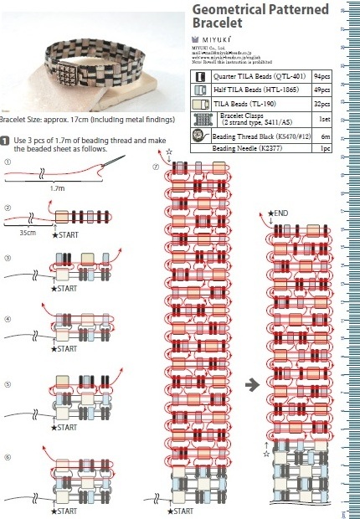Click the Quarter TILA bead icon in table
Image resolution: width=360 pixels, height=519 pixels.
201,75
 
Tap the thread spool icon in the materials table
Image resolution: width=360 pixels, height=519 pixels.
200,135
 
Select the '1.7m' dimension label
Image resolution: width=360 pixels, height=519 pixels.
57,189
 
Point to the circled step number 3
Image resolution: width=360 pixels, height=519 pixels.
7,259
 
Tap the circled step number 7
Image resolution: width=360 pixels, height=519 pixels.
155,167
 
